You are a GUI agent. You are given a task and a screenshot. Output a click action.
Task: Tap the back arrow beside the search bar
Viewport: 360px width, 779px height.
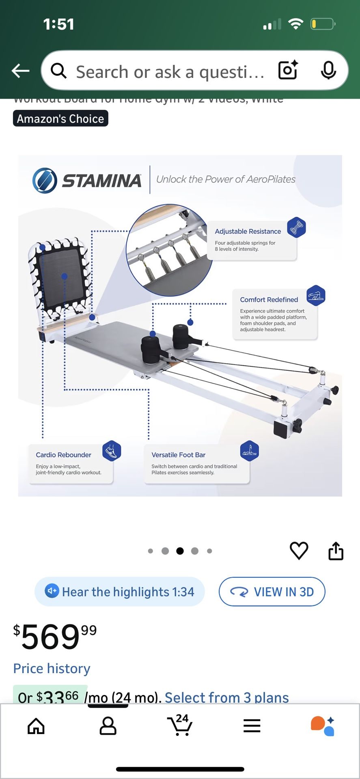point(21,71)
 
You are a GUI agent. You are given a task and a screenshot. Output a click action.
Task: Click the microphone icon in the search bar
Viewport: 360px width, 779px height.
point(328,71)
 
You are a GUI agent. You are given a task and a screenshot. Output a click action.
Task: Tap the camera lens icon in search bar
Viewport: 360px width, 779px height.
point(288,71)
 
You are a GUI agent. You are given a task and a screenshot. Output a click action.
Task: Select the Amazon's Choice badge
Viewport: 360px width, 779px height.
point(60,119)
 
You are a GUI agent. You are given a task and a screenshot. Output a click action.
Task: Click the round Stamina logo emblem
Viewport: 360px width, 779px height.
point(45,181)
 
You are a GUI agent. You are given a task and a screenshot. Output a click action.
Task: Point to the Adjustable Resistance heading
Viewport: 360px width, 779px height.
point(248,231)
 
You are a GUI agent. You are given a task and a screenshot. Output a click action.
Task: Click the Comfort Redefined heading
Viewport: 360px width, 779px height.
point(269,299)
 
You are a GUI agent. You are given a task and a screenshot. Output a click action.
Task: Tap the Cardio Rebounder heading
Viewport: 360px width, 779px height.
point(63,455)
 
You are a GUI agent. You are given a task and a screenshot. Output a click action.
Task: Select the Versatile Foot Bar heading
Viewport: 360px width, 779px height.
point(178,455)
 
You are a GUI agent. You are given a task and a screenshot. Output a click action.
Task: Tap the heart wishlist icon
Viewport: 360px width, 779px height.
point(299,551)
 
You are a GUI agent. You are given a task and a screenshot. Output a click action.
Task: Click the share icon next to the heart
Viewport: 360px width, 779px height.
point(336,551)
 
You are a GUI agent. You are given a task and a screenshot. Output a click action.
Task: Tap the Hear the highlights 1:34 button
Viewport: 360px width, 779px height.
point(120,592)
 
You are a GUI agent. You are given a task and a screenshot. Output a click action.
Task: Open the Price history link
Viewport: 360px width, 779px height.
point(52,668)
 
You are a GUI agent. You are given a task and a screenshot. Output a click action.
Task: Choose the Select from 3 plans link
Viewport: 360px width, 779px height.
point(226,697)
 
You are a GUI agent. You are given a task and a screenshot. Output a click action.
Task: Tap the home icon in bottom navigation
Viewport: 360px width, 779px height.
point(36,726)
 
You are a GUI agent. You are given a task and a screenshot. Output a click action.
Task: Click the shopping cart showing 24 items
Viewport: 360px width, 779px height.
point(179,725)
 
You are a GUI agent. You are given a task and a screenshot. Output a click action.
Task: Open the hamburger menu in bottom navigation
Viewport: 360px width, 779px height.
point(252,726)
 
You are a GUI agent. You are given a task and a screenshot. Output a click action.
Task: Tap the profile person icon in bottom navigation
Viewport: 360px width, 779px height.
point(108,726)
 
